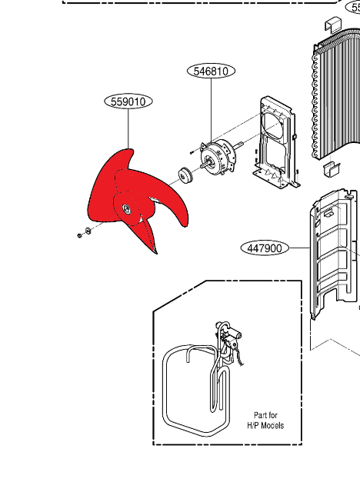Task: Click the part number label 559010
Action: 128,101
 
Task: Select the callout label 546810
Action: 211,71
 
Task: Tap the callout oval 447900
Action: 265,248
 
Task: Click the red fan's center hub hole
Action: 126,208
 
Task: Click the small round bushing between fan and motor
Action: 185,176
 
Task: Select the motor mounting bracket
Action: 275,142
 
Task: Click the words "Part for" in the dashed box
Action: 265,415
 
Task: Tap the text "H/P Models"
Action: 265,425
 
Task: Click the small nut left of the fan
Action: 79,236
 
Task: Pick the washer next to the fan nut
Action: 87,231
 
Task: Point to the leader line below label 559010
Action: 128,129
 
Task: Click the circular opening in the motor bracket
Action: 272,126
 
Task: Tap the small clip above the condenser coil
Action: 333,24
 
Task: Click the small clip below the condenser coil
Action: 332,169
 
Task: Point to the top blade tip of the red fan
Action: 131,151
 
